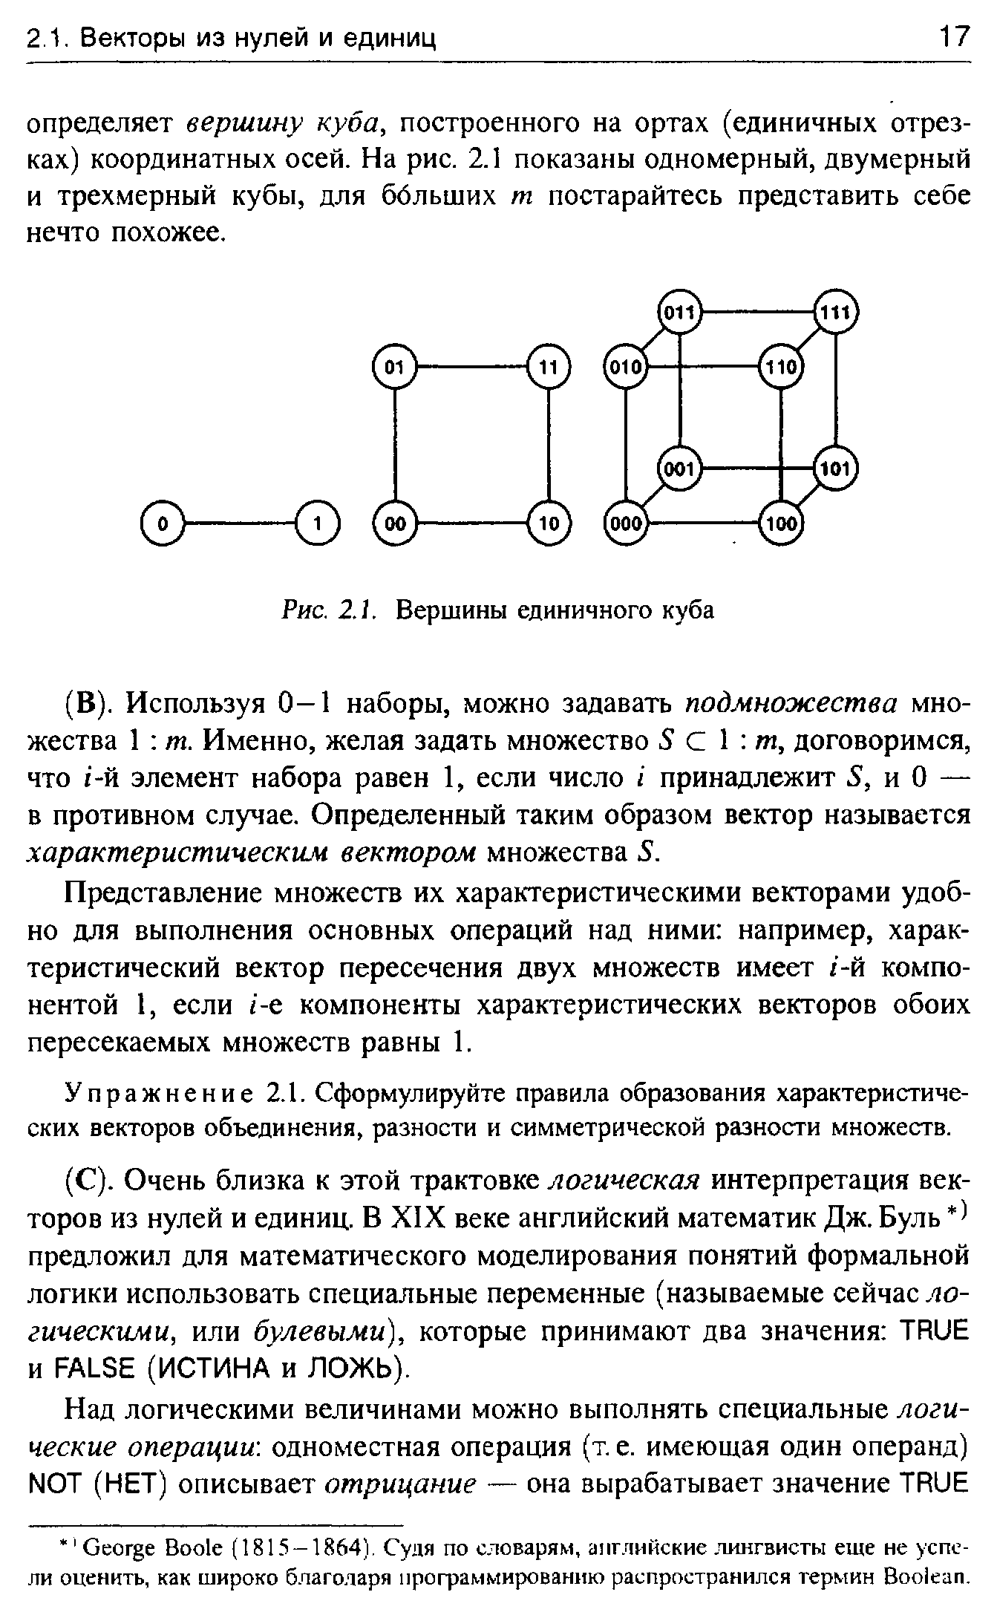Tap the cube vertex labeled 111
[x=836, y=312]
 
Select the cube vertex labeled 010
[x=627, y=365]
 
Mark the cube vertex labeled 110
[x=782, y=365]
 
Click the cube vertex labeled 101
[x=836, y=469]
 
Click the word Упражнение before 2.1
[x=159, y=1094]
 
